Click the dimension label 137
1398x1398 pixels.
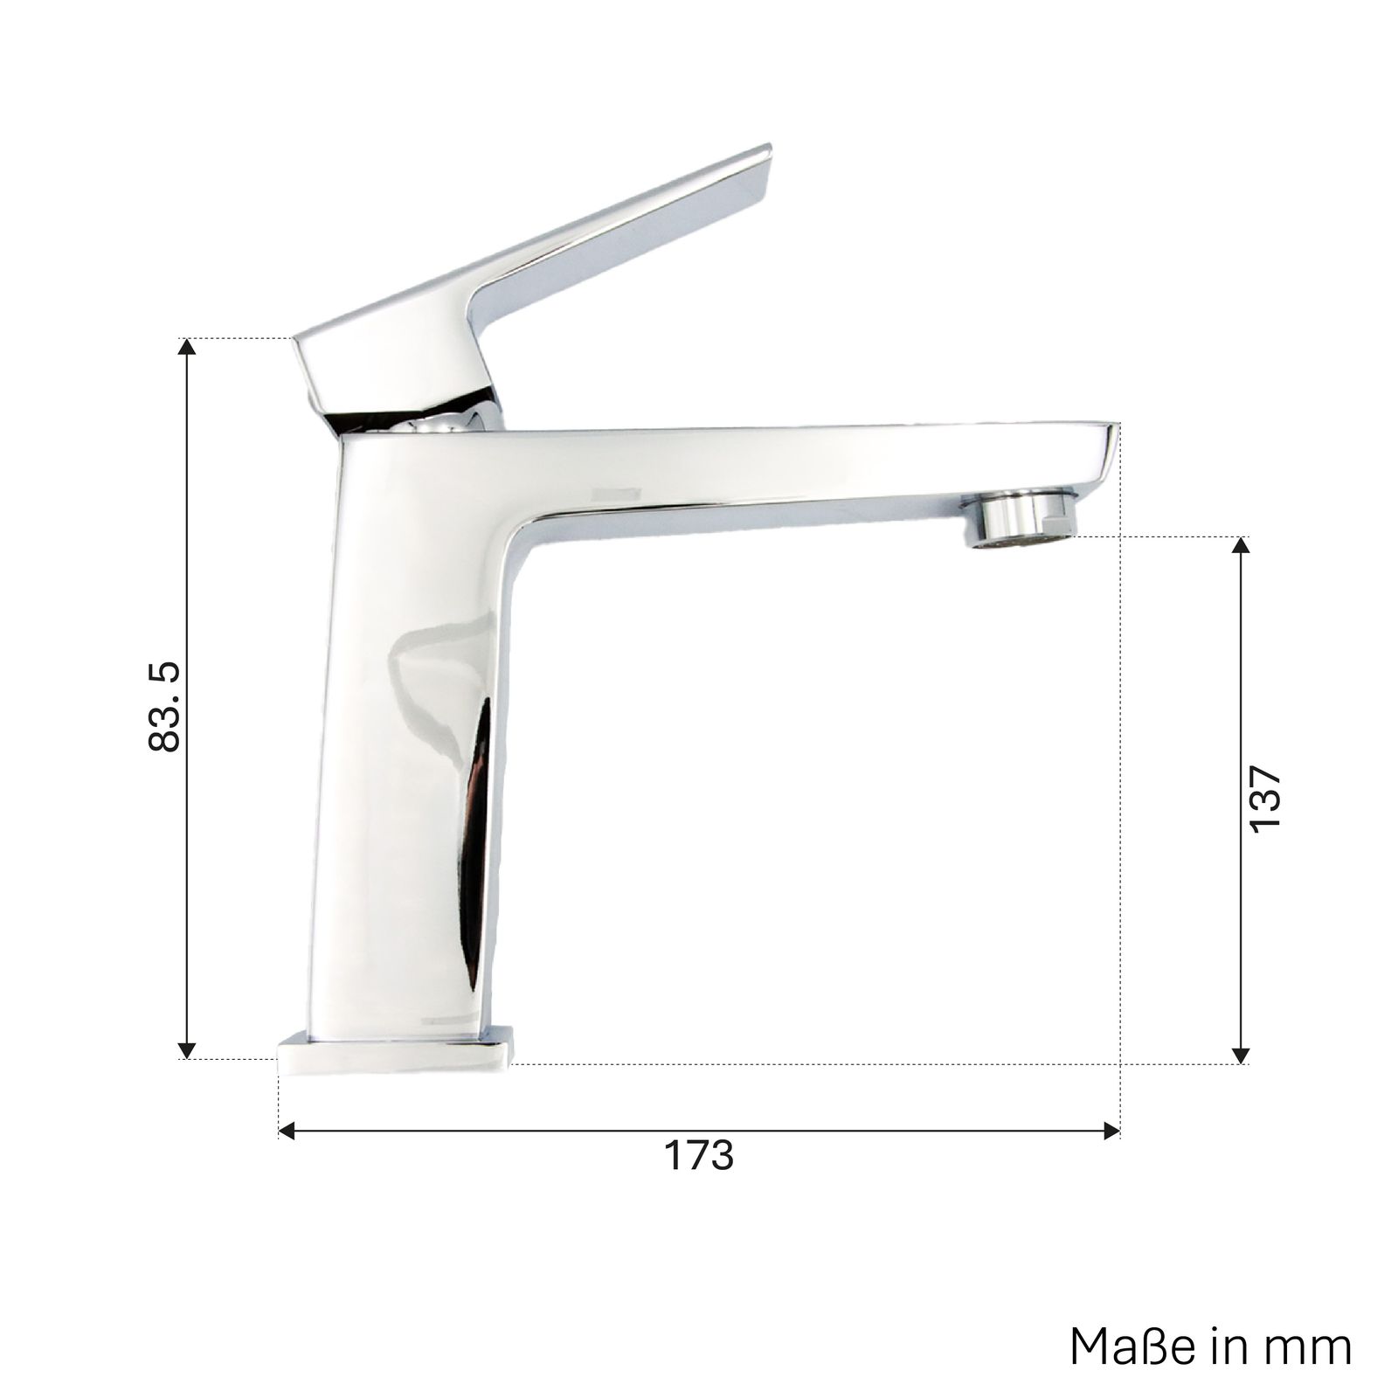[x=1265, y=799]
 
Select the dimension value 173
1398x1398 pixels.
[x=699, y=1156]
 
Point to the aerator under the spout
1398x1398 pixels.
[x=1018, y=521]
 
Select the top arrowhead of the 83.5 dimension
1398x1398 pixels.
[x=186, y=347]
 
